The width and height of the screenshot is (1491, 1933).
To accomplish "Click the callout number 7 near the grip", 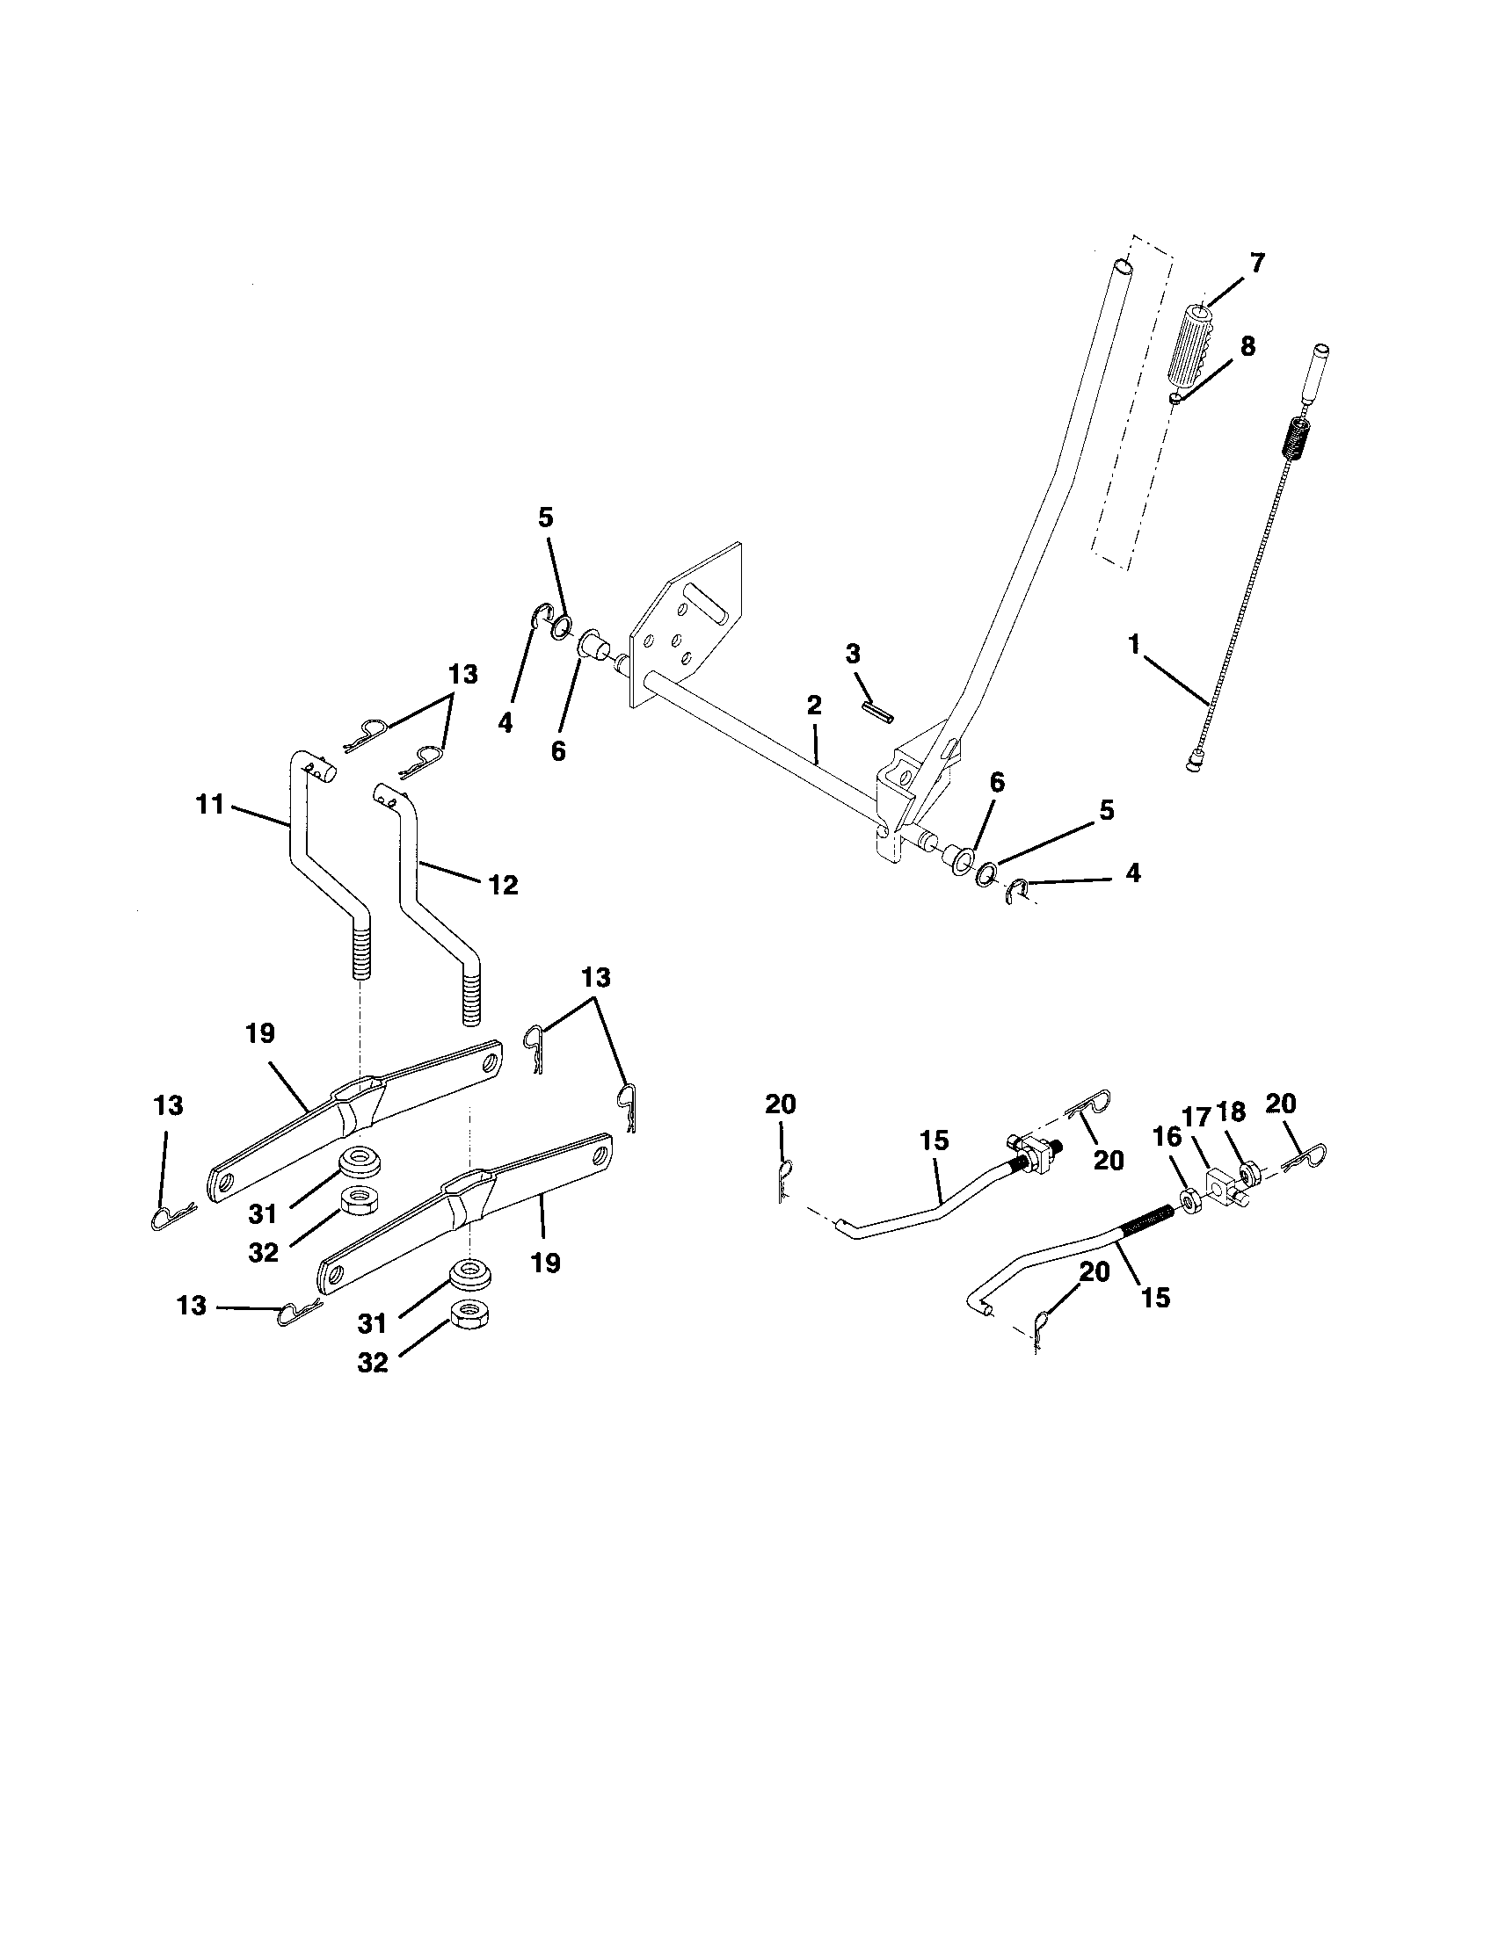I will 1256,263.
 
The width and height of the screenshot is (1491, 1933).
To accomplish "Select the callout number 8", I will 1247,346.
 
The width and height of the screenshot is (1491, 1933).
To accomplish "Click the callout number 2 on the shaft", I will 814,706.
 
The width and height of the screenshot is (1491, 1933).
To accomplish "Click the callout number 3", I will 852,655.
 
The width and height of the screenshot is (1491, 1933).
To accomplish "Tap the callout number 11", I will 210,806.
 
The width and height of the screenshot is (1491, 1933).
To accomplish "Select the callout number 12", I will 503,884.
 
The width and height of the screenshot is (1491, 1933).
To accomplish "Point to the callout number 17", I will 1197,1117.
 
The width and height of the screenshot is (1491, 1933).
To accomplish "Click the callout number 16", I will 1167,1137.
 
